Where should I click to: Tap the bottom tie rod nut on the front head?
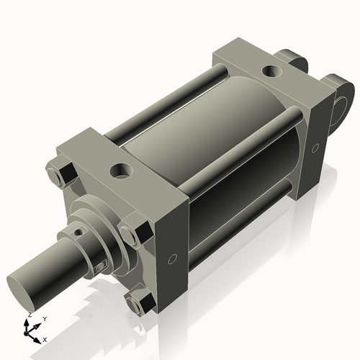(x=138, y=302)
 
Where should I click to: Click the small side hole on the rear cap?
(x=315, y=148)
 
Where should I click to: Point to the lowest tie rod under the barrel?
(x=245, y=216)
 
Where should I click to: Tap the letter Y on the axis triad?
(x=45, y=318)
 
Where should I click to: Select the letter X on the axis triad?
(x=45, y=338)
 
